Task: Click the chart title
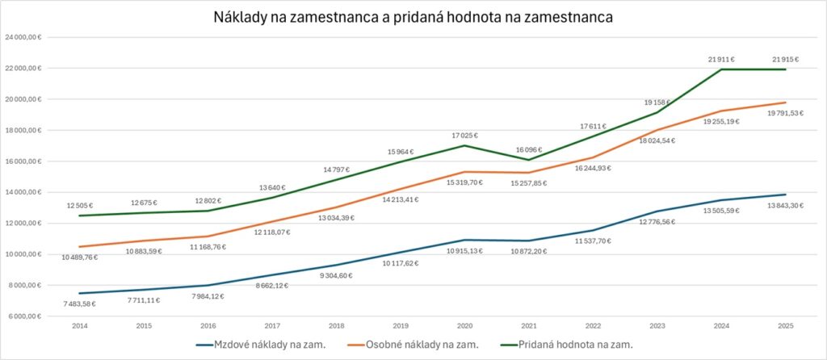(x=413, y=16)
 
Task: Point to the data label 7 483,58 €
(x=79, y=303)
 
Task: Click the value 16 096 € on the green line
(x=527, y=150)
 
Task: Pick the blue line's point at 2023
(x=657, y=211)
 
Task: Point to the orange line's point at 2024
(x=721, y=111)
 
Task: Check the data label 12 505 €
(x=79, y=205)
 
